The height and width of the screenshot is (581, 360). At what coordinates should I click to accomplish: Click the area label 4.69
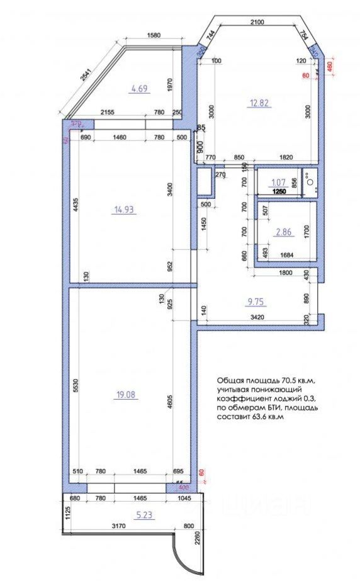pyautogui.click(x=138, y=89)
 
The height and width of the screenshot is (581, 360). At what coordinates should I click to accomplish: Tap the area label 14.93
pyautogui.click(x=124, y=210)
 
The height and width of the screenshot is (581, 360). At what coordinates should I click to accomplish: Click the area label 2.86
pyautogui.click(x=284, y=232)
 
